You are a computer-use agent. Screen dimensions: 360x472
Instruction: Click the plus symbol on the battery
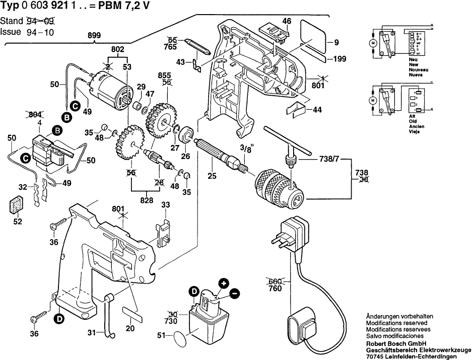click(223, 283)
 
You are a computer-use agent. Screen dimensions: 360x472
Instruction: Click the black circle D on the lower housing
click(59, 318)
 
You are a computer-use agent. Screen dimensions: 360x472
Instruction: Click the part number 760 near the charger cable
click(275, 289)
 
